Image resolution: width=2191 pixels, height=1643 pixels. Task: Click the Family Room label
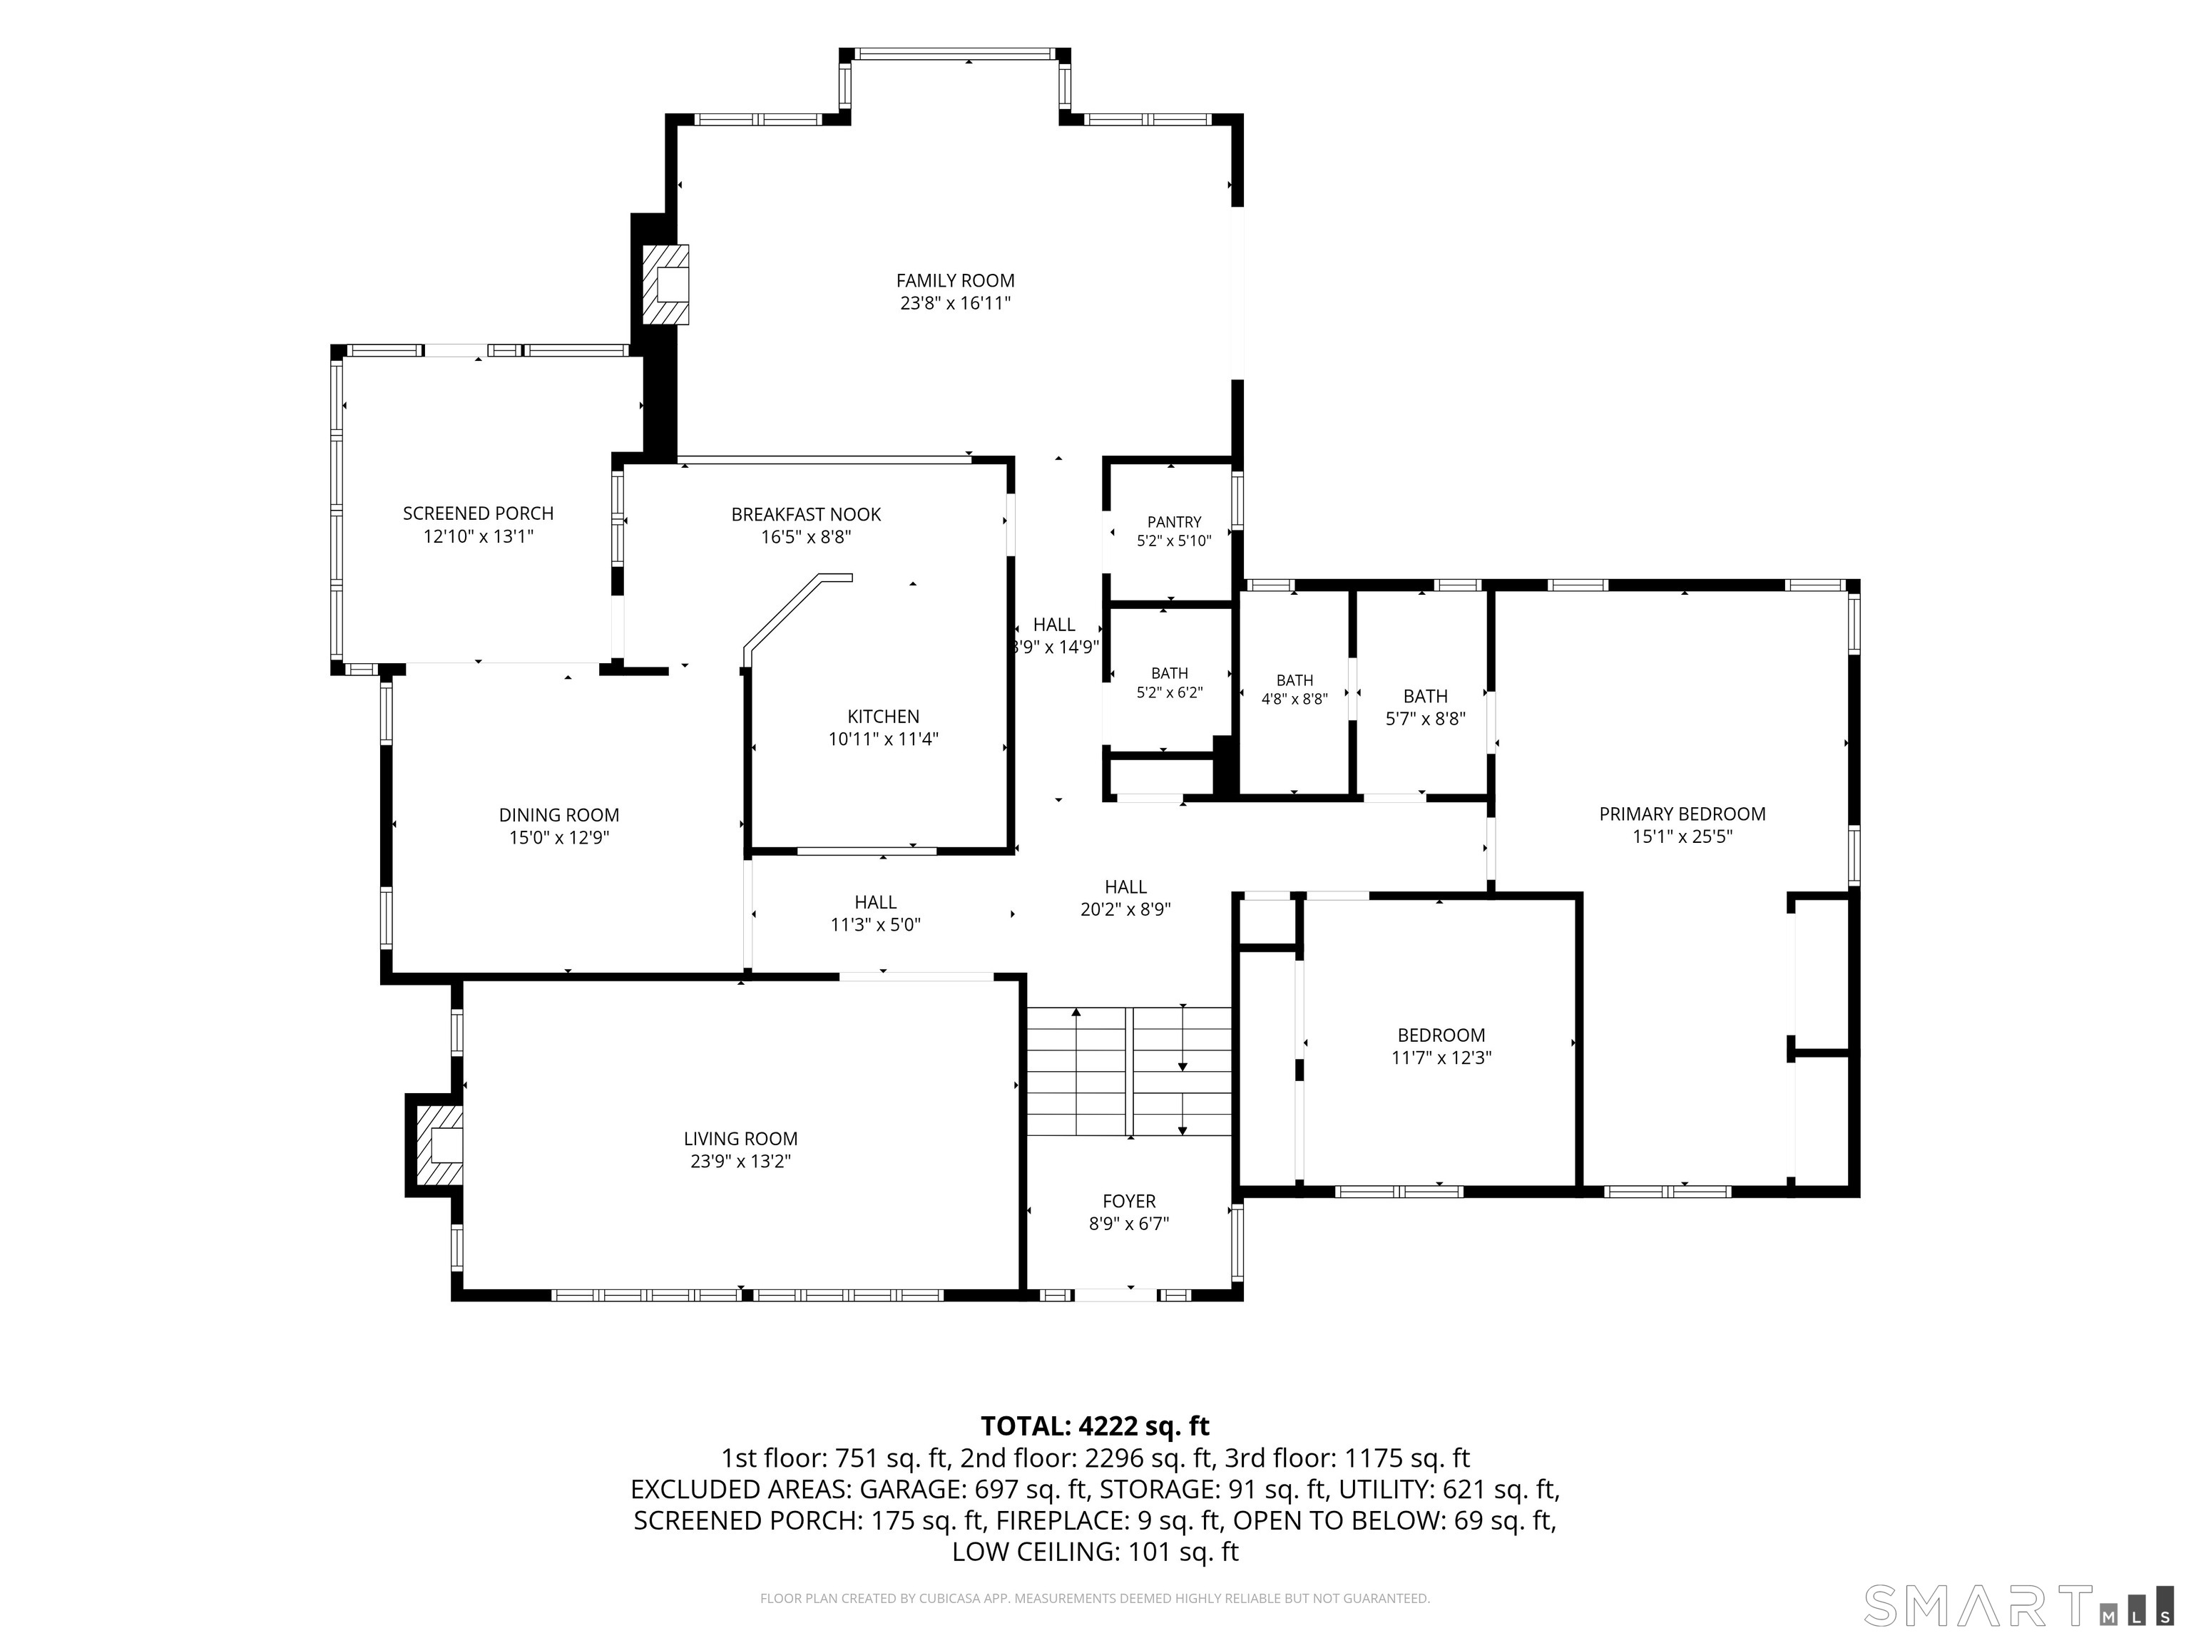tap(955, 281)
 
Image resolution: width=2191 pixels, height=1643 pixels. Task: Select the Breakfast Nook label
tap(806, 515)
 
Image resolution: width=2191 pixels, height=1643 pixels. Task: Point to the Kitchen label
tap(884, 717)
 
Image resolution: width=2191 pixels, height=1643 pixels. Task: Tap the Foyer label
tap(1129, 1202)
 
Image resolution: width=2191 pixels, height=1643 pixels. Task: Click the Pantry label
tap(1174, 522)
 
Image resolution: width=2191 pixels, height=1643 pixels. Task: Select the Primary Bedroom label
tap(1682, 814)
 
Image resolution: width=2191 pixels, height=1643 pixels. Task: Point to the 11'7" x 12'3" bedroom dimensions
tap(1441, 1058)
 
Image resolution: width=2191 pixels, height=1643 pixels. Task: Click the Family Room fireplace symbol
tap(665, 285)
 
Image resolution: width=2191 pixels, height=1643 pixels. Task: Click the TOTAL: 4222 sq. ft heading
tap(1095, 1426)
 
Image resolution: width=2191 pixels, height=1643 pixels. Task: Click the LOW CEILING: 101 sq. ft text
tap(1095, 1552)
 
